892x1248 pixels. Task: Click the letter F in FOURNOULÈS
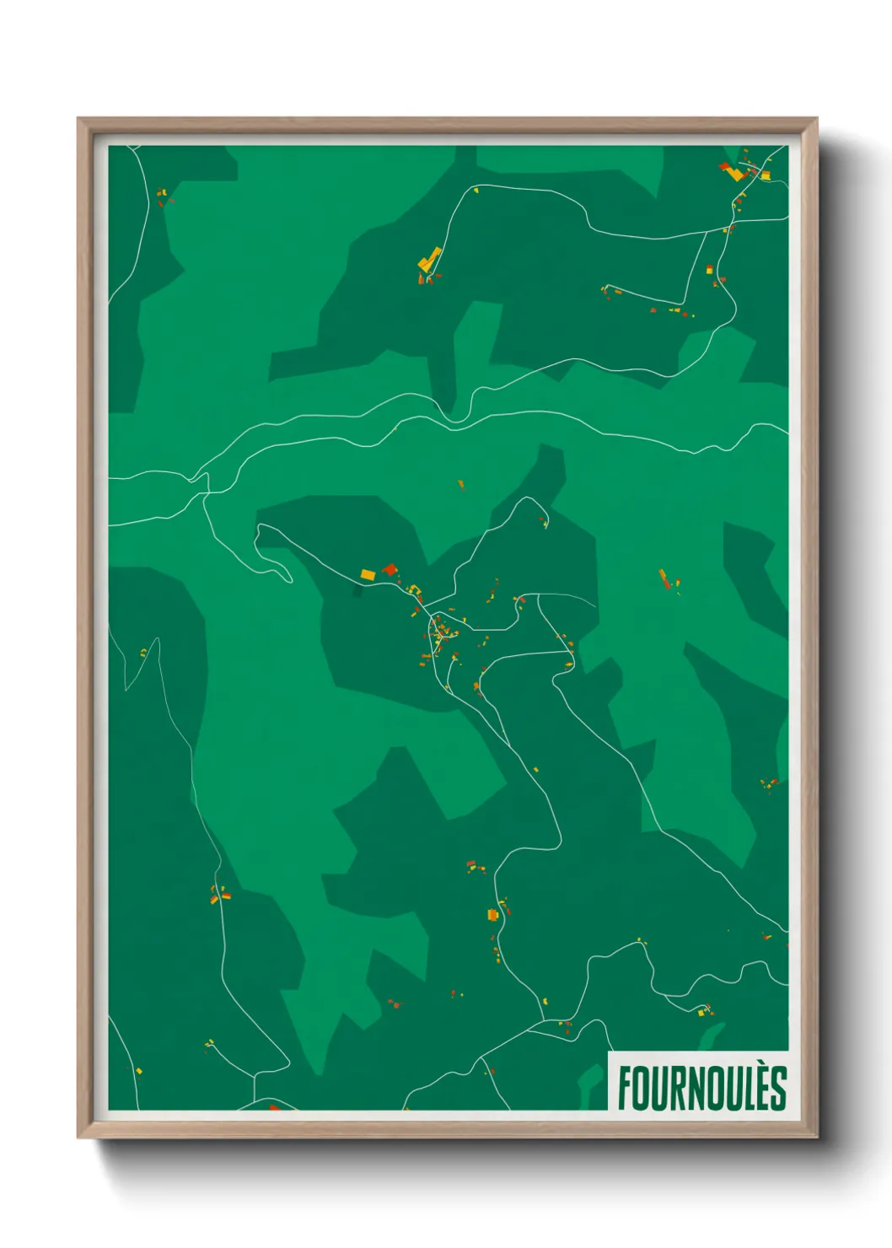click(625, 1089)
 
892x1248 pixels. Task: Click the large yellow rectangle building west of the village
click(368, 574)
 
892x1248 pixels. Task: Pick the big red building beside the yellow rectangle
click(390, 570)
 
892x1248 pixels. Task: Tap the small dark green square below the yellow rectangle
click(357, 592)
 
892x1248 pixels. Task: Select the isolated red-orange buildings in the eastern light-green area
click(667, 580)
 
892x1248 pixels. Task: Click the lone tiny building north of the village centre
click(460, 484)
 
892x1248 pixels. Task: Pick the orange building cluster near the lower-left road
click(218, 895)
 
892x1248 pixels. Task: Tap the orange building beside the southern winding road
click(493, 915)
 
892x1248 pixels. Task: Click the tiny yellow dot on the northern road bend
click(476, 191)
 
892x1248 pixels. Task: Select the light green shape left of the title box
click(590, 1084)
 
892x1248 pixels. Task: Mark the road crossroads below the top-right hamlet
click(728, 229)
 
